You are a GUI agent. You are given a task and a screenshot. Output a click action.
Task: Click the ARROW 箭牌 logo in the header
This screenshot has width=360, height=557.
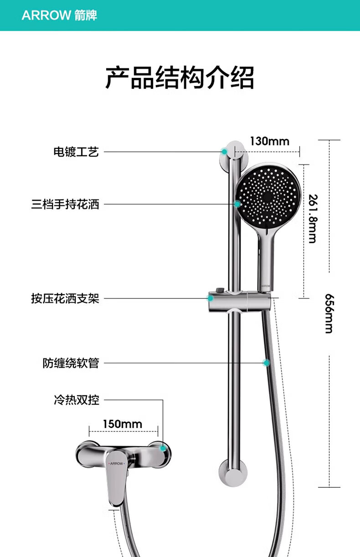59,15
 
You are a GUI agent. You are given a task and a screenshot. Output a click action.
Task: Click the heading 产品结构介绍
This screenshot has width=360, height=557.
180,77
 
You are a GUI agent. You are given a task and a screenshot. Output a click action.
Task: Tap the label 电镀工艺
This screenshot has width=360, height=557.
76,152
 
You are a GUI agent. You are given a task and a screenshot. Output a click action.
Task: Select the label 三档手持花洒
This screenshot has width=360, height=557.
65,204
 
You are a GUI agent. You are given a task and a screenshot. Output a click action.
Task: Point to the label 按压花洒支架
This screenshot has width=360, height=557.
65,298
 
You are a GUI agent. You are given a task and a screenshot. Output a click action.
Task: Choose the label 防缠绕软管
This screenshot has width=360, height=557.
71,363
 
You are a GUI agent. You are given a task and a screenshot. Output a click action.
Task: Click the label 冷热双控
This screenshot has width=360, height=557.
77,400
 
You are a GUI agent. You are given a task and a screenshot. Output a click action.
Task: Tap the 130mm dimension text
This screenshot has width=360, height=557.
270,141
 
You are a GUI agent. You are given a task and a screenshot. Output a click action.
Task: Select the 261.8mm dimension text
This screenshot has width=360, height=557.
313,218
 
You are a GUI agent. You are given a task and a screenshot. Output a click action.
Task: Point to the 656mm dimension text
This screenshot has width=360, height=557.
329,313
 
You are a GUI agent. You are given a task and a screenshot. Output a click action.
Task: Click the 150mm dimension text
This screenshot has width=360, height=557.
123,424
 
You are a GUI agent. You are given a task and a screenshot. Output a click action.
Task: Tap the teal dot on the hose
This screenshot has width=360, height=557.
266,363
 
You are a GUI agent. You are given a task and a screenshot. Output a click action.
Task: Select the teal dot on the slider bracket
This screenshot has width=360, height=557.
211,298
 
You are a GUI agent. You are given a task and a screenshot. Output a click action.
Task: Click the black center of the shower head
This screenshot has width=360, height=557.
267,197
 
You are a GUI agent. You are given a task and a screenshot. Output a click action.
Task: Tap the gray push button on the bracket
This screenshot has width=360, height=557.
220,290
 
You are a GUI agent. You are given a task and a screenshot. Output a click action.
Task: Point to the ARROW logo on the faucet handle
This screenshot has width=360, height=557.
117,464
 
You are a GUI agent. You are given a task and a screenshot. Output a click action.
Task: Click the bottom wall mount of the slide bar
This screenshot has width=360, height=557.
233,473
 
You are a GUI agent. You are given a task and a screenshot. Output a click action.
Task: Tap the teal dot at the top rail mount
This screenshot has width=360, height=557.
224,152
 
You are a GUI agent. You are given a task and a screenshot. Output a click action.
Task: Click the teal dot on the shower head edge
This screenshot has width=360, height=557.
237,204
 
